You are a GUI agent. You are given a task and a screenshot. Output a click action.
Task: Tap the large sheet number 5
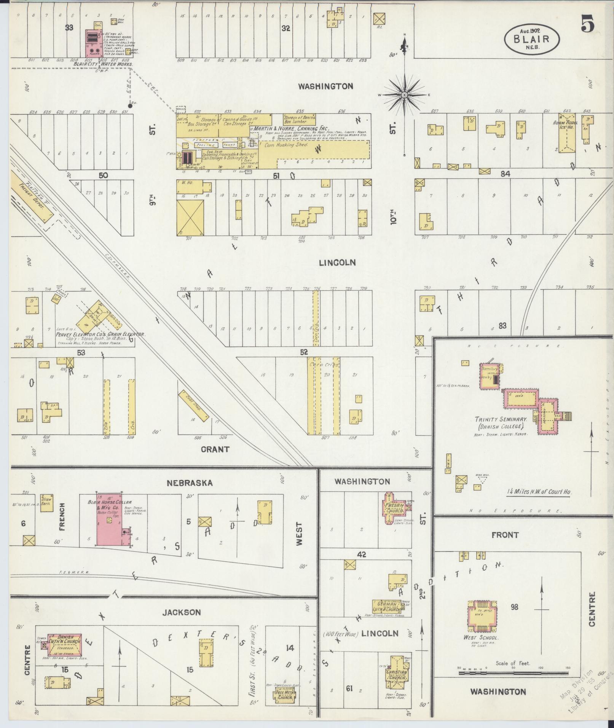click(x=587, y=25)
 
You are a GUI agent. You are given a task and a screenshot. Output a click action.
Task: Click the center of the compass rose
click(x=405, y=94)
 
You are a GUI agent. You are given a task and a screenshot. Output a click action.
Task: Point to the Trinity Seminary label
click(x=501, y=419)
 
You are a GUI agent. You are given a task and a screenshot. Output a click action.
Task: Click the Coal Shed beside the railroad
click(x=193, y=406)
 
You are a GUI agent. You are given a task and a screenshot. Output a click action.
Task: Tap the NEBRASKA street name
click(x=189, y=483)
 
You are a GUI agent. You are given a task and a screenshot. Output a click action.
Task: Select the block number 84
click(x=505, y=174)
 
